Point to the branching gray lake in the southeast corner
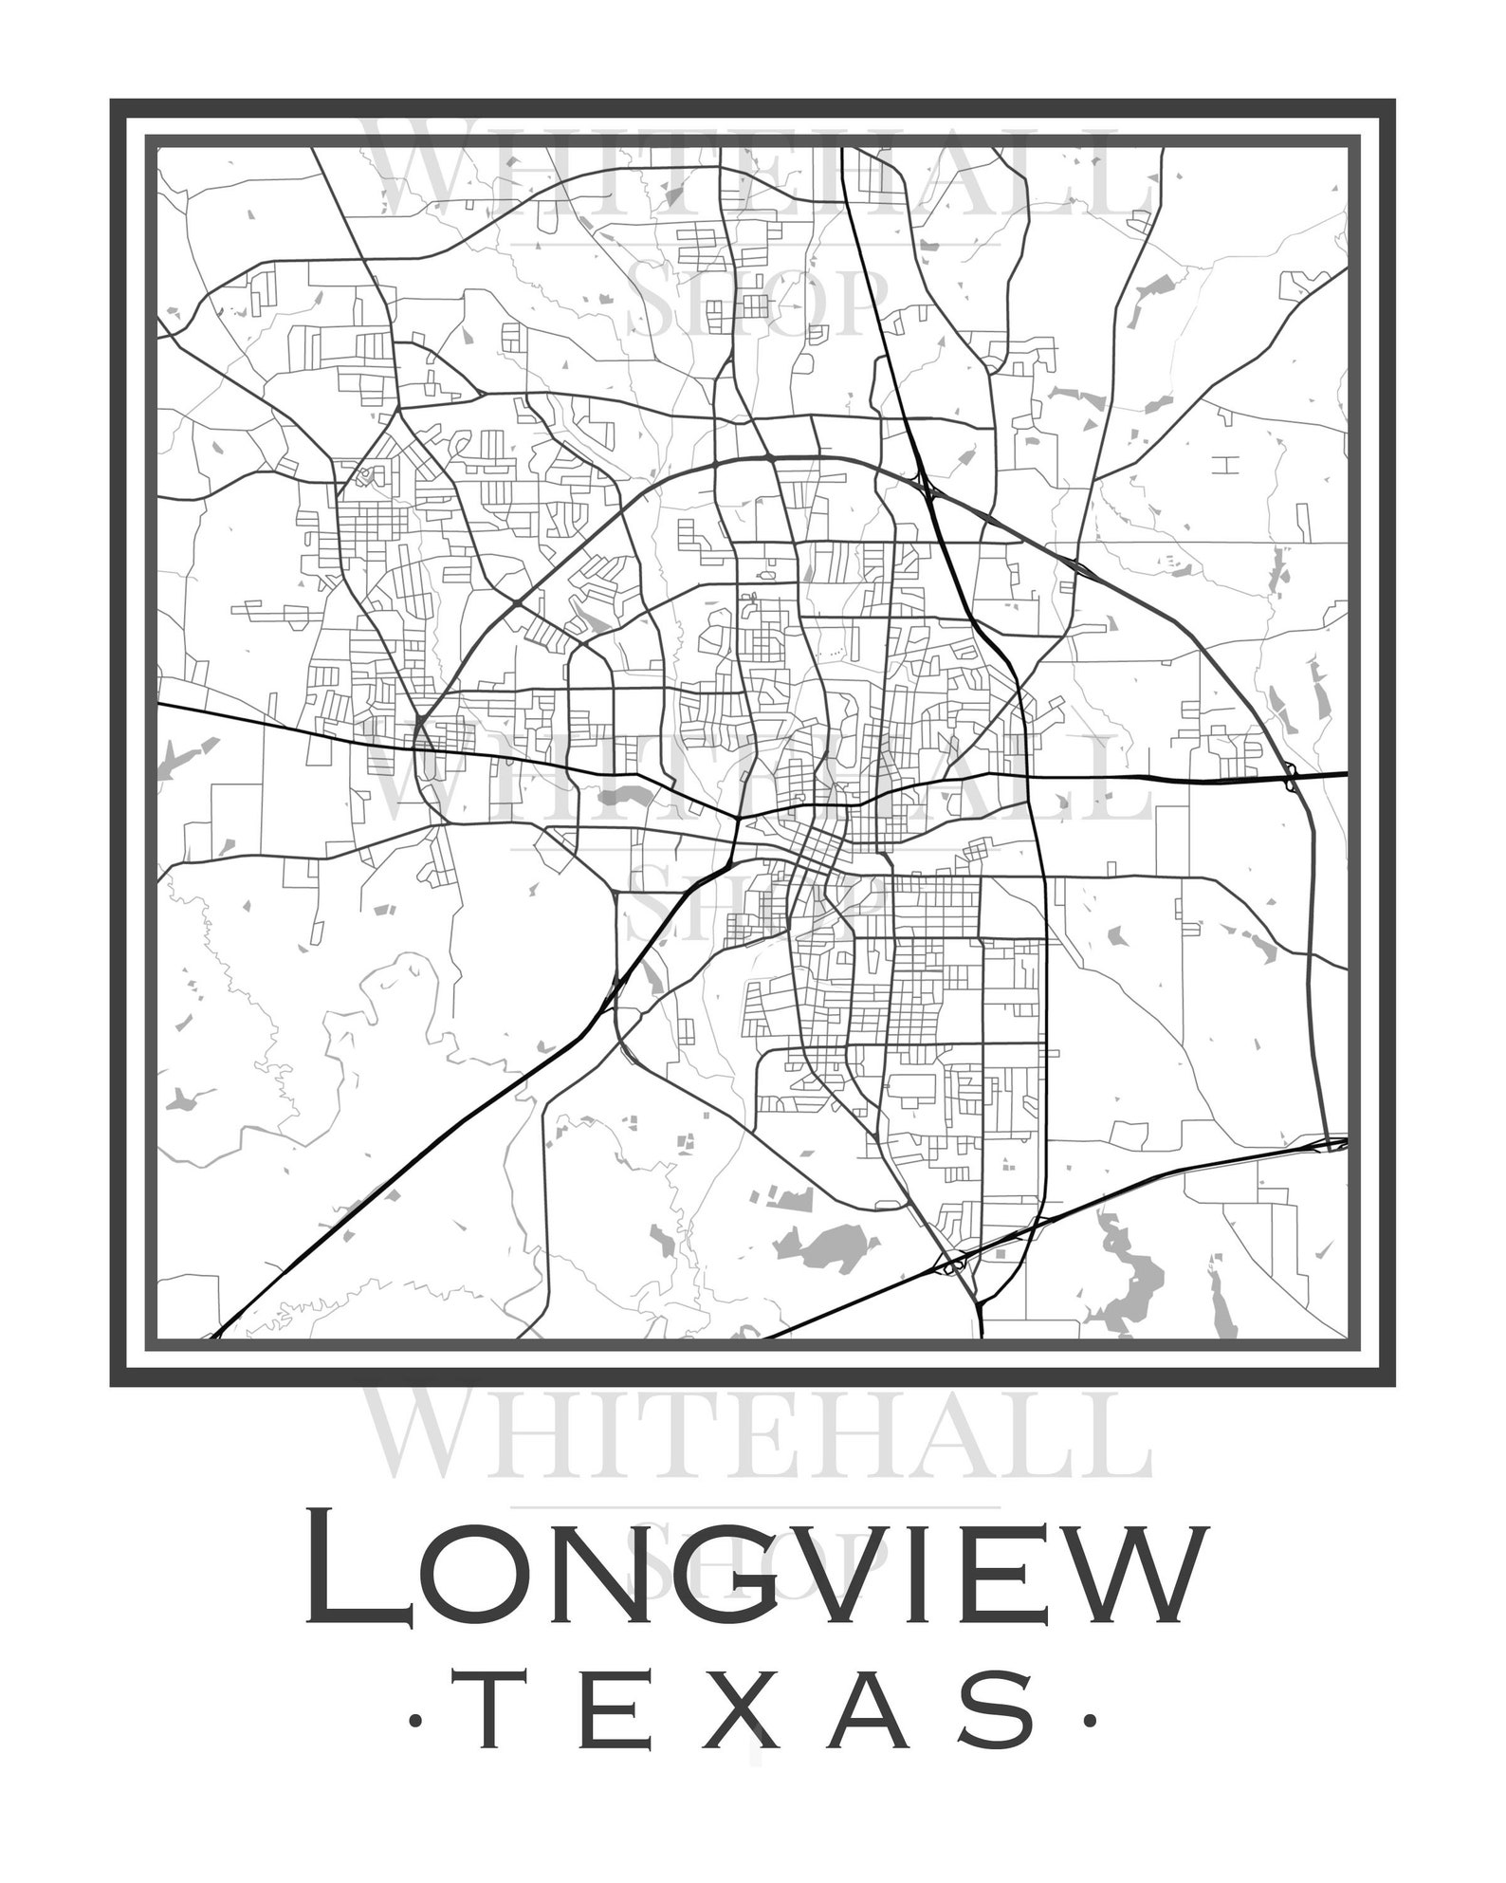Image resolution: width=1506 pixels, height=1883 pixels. [1129, 1276]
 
